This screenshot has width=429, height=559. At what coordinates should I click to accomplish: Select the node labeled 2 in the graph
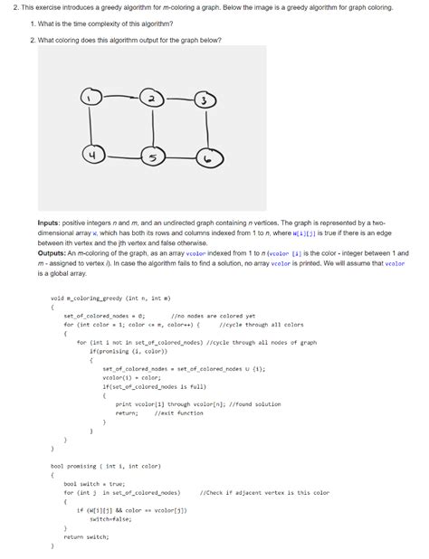(x=154, y=97)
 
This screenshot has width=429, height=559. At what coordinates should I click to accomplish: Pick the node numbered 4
(x=91, y=156)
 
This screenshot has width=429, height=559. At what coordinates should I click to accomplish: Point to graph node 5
(x=155, y=158)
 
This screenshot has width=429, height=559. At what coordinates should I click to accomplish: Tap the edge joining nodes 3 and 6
(x=207, y=130)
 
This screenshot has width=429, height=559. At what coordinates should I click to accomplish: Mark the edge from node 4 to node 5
(x=122, y=157)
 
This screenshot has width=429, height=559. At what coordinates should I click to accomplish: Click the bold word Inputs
(x=49, y=222)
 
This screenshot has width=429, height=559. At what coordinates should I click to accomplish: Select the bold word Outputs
(x=52, y=253)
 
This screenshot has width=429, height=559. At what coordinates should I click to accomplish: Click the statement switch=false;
(x=107, y=519)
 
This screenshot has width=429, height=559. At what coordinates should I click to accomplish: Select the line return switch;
(x=87, y=536)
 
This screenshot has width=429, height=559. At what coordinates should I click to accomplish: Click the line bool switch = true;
(x=94, y=483)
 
